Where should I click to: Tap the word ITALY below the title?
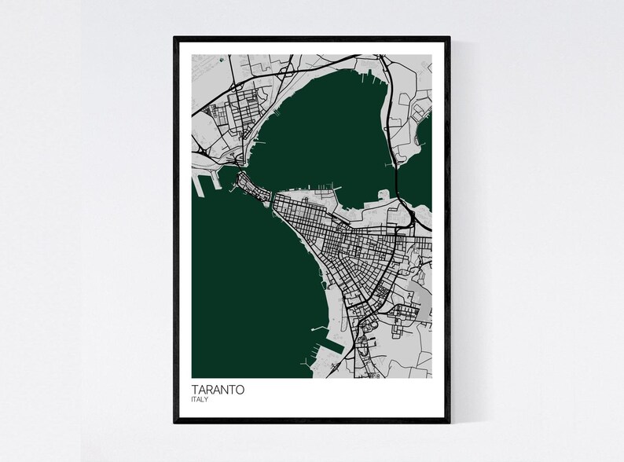pyautogui.click(x=200, y=400)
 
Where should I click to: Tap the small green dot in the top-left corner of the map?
pyautogui.click(x=222, y=59)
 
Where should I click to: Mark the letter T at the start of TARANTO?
pyautogui.click(x=195, y=389)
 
